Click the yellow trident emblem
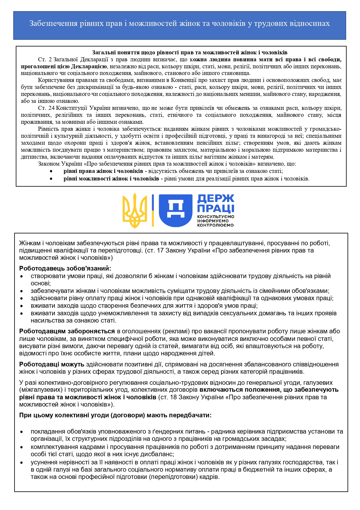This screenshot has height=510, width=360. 135,211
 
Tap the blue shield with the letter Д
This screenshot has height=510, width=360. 176,210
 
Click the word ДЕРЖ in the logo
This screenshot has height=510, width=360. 215,199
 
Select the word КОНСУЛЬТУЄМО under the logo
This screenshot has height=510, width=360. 215,216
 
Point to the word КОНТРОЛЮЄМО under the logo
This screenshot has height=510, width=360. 215,225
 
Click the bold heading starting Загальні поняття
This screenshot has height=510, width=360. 190,53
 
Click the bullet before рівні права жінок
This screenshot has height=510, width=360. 51,171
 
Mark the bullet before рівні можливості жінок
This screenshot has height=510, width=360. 51,179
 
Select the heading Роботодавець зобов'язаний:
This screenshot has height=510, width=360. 65,269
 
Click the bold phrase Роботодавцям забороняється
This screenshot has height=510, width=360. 67,331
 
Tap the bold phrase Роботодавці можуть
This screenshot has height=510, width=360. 52,364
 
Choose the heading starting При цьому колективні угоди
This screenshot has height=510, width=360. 115,415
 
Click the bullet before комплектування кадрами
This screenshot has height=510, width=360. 21,447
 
